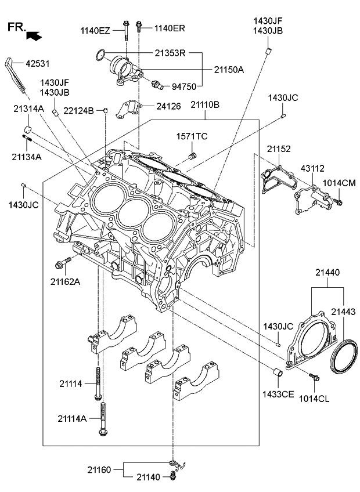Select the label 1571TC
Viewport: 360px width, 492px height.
[x=192, y=136]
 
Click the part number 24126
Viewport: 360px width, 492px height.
[x=168, y=106]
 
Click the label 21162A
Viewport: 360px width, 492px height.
[x=65, y=281]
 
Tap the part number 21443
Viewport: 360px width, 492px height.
[x=343, y=313]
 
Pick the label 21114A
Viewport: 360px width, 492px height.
[x=72, y=418]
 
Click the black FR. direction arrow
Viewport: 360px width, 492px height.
[x=35, y=36]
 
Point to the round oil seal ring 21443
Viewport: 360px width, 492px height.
[x=343, y=360]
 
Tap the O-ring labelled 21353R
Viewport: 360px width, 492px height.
[x=100, y=56]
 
